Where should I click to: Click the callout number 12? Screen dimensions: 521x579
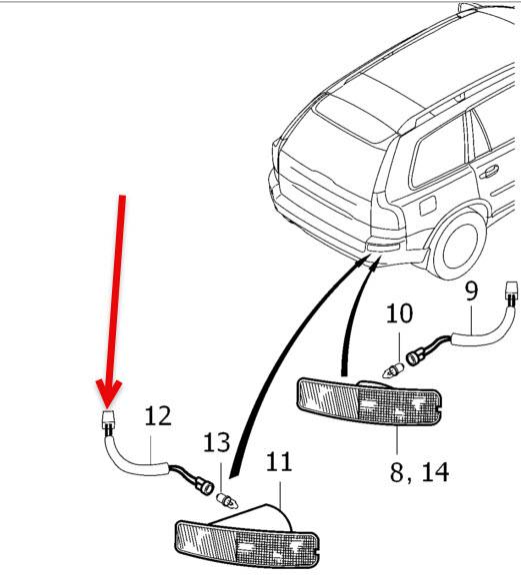click(158, 416)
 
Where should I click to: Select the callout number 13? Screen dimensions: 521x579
click(217, 443)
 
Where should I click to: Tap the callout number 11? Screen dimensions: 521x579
click(279, 462)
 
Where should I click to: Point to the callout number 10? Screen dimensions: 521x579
click(399, 313)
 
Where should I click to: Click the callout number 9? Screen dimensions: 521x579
click(471, 290)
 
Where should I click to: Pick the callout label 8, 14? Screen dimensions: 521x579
click(420, 472)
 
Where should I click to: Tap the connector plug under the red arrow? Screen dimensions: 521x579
click(108, 421)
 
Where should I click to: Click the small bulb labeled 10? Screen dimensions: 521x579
click(392, 370)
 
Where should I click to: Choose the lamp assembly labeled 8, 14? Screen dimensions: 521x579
click(369, 401)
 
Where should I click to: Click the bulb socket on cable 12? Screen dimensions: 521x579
click(205, 487)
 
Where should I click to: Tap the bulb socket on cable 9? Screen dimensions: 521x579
click(413, 357)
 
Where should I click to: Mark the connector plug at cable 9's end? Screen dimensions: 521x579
click(512, 292)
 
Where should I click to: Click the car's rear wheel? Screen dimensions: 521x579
click(459, 246)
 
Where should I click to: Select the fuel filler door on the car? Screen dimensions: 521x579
click(427, 206)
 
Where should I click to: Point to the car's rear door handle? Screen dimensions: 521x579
click(489, 172)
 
